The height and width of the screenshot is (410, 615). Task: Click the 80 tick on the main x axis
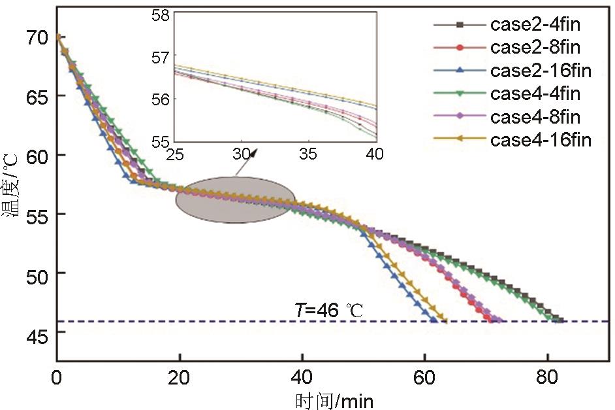[547, 378]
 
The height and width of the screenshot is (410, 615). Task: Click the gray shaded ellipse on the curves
[236, 199]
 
